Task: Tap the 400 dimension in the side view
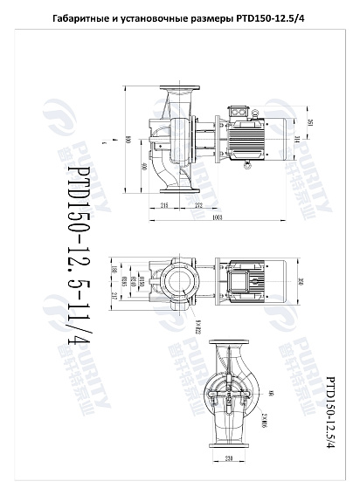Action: click(x=142, y=166)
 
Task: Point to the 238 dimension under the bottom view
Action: click(x=229, y=458)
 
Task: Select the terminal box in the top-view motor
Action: click(x=239, y=282)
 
